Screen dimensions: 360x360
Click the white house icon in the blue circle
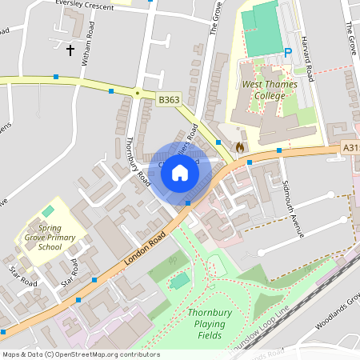pyautogui.click(x=180, y=173)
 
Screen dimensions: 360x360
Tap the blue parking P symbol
pyautogui.click(x=288, y=54)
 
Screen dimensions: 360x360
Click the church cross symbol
pyautogui.click(x=70, y=50)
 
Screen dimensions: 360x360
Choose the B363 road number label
pyautogui.click(x=168, y=100)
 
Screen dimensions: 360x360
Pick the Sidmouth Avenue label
pyautogui.click(x=294, y=210)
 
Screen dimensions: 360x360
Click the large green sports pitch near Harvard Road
pyautogui.click(x=261, y=30)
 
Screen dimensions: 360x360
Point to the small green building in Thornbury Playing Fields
pyautogui.click(x=181, y=281)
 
